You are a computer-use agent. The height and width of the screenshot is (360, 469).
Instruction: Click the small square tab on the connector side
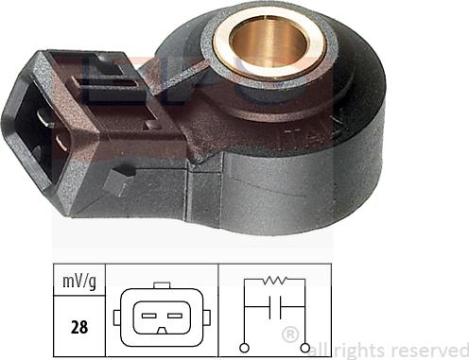pos(117,180)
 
